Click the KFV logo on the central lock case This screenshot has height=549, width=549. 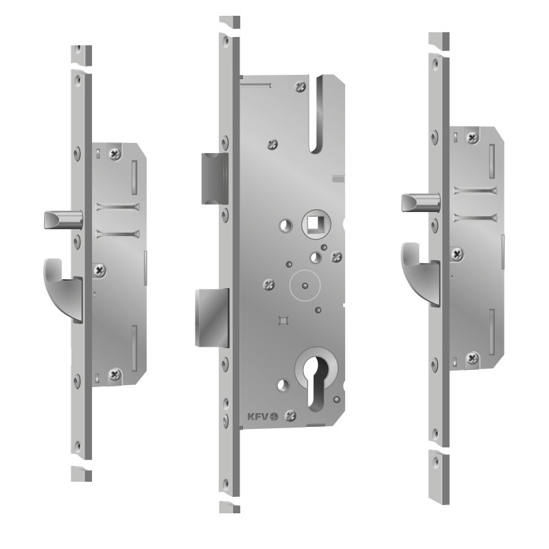click(x=263, y=417)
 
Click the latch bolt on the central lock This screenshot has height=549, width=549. click(x=215, y=178)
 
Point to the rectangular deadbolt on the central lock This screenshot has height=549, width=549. click(x=212, y=318)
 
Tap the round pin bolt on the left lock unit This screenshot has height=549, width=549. click(x=63, y=220)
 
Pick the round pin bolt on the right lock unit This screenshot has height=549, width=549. click(x=421, y=203)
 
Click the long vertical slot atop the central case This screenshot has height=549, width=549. click(x=319, y=114)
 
